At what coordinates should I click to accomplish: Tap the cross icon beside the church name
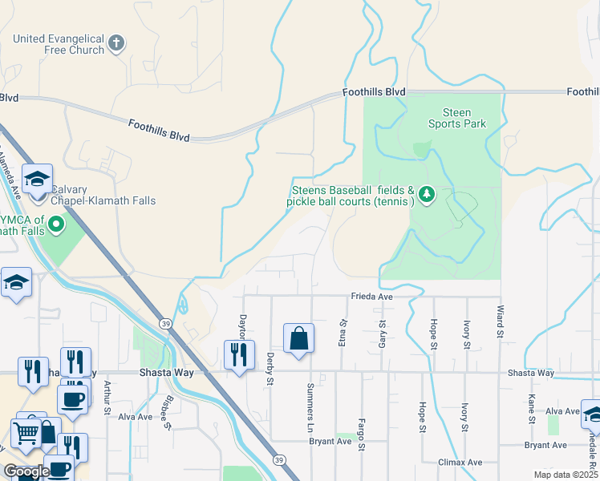(116, 42)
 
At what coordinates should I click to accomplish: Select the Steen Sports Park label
(456, 119)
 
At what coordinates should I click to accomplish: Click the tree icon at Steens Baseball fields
(427, 193)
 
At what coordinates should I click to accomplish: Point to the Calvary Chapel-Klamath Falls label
(103, 195)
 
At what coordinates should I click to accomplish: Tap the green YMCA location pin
(56, 224)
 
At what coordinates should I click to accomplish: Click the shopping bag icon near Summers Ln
(298, 338)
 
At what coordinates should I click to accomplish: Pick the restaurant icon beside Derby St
(238, 355)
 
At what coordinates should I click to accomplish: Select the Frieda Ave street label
(371, 297)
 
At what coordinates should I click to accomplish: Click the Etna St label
(343, 333)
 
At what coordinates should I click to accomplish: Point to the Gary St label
(382, 333)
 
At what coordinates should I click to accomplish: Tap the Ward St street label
(500, 319)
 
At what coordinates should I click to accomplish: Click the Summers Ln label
(310, 407)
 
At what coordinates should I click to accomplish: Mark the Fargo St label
(362, 434)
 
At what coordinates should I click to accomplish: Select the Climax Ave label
(460, 463)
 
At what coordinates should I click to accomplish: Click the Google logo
(27, 471)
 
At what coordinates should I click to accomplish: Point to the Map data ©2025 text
(566, 475)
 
